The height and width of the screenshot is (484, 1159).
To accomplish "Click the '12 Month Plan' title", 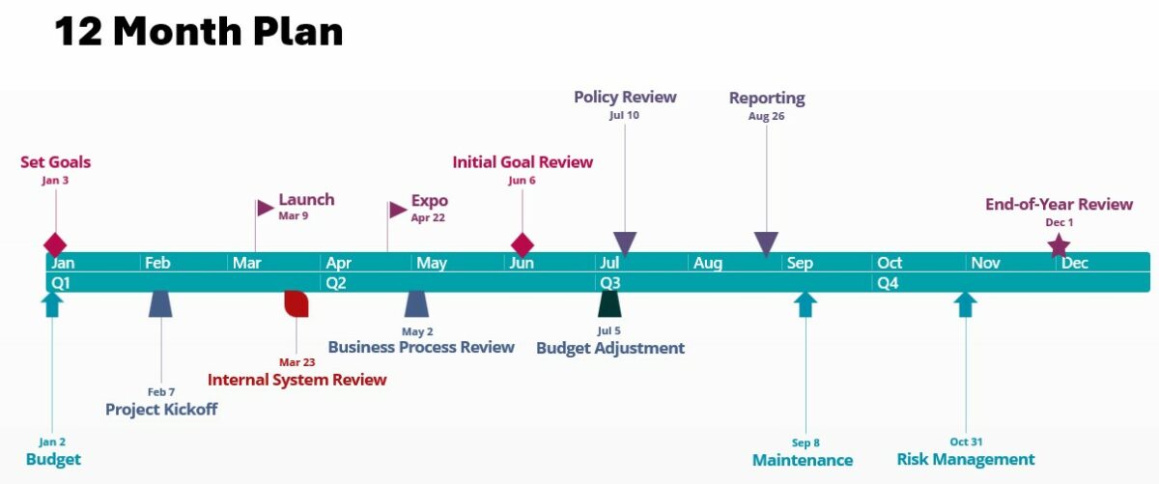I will tap(199, 32).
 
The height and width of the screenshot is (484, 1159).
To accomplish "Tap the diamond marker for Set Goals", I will tap(55, 244).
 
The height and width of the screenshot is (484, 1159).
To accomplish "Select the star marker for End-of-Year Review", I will tap(1060, 245).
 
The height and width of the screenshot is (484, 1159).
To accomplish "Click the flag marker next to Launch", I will tap(265, 208).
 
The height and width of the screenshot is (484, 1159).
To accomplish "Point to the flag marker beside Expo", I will tap(397, 210).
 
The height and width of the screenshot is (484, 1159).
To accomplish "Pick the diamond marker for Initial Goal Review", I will tap(523, 244).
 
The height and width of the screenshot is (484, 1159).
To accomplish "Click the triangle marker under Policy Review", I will tap(625, 243).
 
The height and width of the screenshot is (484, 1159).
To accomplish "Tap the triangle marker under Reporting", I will tap(766, 243).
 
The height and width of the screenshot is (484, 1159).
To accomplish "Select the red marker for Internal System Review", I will tap(296, 303).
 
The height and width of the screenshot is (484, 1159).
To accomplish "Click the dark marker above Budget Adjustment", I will tap(609, 303).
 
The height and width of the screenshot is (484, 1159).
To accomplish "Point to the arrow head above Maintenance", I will tap(805, 303).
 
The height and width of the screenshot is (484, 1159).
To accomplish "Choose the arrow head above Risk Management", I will tap(965, 303).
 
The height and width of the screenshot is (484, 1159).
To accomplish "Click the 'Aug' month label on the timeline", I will tap(708, 263).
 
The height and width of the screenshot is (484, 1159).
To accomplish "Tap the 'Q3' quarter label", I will tap(610, 283).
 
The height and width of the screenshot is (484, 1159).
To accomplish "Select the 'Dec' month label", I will tap(1075, 263).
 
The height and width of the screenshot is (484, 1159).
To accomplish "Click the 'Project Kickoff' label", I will tap(161, 409).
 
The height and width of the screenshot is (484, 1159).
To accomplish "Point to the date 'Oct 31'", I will tap(965, 442).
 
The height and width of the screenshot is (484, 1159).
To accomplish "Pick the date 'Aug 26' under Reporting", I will tap(766, 116).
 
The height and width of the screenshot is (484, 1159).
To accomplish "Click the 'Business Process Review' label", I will tap(421, 347).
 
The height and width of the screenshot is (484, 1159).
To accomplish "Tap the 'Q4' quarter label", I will tap(888, 283).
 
